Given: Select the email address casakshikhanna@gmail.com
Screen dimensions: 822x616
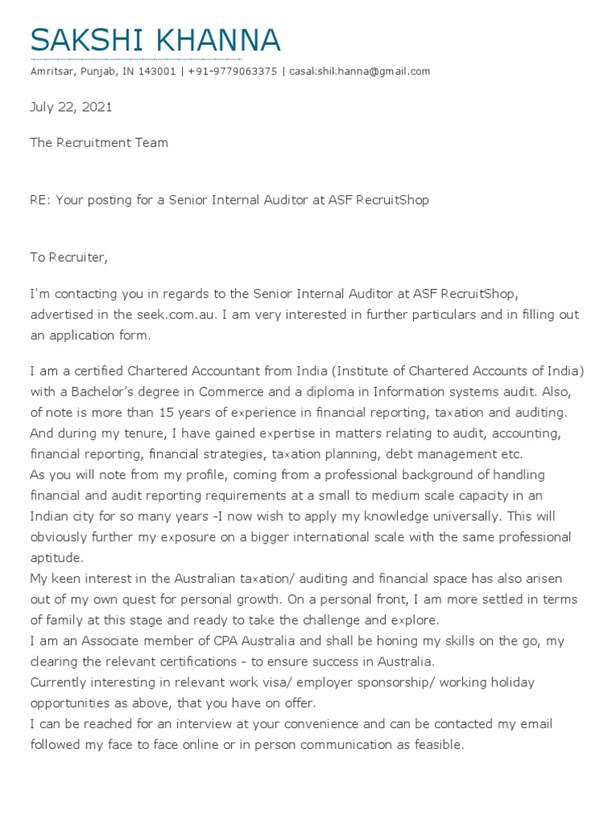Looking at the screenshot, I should pos(359,71).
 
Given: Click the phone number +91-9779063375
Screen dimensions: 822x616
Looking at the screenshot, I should pos(233,71).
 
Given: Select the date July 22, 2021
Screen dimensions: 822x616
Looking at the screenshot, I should pos(71,107).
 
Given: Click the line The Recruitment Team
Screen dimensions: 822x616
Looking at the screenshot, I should pos(99,143).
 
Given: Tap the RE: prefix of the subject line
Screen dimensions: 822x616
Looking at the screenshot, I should pos(39,200).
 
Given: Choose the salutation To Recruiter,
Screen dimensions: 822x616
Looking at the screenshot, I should pos(68,258).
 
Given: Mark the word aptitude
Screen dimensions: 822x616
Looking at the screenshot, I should pos(56,557).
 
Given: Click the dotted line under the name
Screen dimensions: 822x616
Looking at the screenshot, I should pos(136,59).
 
